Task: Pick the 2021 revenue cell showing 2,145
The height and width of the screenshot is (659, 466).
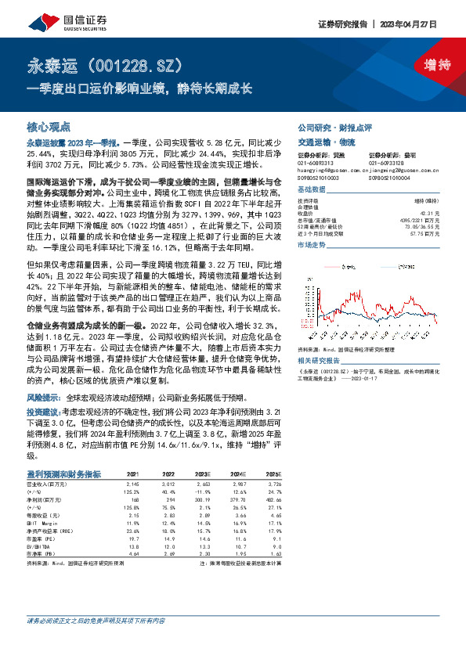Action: coord(132,485)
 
